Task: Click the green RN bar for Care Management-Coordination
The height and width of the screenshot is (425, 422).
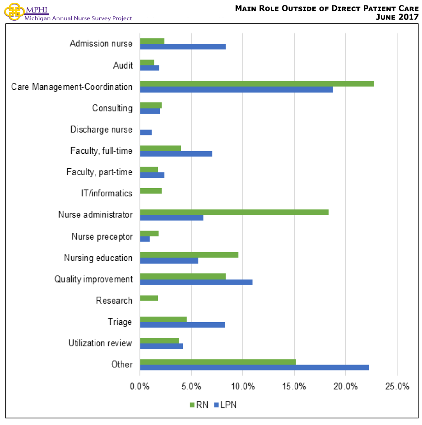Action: [256, 83]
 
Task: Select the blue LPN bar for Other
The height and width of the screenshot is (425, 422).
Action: [254, 367]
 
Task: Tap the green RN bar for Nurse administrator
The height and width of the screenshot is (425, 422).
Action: [234, 212]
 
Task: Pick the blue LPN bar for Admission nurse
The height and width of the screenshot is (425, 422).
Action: [182, 46]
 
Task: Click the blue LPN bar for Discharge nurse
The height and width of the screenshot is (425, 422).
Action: [145, 132]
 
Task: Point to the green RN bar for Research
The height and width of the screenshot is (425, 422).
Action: [148, 298]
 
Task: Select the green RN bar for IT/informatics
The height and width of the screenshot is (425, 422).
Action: [151, 191]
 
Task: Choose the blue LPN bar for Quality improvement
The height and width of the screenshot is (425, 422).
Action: [196, 282]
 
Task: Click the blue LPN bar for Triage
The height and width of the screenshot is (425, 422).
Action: [182, 324]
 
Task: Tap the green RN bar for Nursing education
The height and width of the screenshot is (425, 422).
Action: [189, 255]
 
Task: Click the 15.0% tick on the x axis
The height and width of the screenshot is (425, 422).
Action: [294, 386]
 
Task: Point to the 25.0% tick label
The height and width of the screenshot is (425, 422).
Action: [397, 386]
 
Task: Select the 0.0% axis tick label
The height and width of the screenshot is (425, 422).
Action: [140, 386]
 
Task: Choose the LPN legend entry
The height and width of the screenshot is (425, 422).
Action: [225, 405]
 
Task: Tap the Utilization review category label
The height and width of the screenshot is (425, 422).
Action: [100, 343]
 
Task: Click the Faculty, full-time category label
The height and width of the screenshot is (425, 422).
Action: [101, 151]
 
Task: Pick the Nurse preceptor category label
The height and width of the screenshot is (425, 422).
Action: [102, 236]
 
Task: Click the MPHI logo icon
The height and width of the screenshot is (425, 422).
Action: [13, 11]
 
